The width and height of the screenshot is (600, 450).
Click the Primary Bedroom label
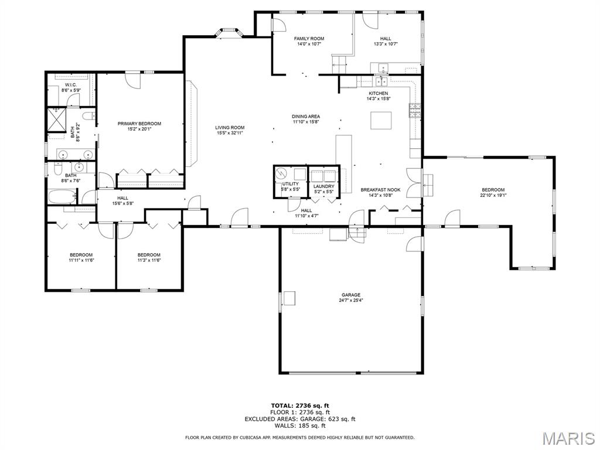(x=139, y=124)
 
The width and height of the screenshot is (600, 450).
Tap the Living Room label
(x=230, y=127)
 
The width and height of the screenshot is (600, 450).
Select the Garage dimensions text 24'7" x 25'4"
(x=351, y=301)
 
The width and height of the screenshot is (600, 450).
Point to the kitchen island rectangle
(x=381, y=121)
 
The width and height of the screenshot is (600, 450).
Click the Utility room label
(x=291, y=184)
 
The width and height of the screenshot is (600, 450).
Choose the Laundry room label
(x=323, y=186)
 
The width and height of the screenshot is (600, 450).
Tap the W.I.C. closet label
(x=71, y=85)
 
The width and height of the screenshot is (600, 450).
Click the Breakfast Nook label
(x=380, y=190)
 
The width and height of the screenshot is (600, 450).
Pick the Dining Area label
(x=306, y=117)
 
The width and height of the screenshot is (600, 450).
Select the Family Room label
(x=309, y=39)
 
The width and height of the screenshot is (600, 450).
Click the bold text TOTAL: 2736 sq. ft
(x=300, y=405)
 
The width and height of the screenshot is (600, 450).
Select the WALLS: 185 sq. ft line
(x=300, y=425)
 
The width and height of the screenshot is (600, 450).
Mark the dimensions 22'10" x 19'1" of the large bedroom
(x=493, y=195)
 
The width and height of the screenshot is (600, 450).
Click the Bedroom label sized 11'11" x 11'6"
(x=81, y=255)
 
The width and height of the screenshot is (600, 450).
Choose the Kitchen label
(x=379, y=93)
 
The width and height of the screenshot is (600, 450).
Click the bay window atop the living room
(x=229, y=33)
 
